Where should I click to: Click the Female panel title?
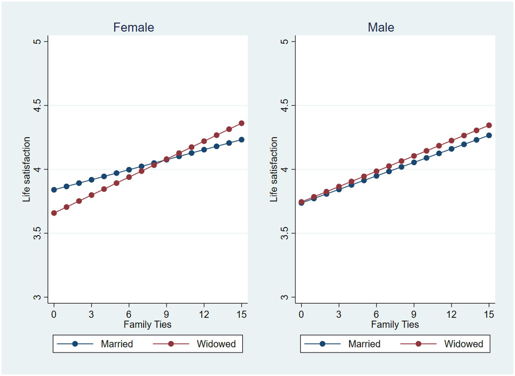134,27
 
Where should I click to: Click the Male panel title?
381,27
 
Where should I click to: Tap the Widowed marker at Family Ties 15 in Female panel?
241,123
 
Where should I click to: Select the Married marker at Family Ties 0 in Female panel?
54,190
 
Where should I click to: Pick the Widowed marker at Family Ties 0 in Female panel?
54,213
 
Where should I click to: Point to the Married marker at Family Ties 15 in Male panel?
489,135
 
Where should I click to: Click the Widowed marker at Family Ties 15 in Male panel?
489,125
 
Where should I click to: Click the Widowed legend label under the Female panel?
216,344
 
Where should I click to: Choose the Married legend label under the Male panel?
364,344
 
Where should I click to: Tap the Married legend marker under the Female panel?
75,344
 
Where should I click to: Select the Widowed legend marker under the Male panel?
418,344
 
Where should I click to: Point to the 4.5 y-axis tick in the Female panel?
37,106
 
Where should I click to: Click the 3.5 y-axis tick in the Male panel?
285,233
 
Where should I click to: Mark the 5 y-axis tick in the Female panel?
37,41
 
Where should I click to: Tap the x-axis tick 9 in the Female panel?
166,315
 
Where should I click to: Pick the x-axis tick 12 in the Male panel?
451,315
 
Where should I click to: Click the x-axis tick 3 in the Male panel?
339,315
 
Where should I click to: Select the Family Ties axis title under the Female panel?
147,325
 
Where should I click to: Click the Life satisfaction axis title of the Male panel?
274,169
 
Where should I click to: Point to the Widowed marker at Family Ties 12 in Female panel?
204,141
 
